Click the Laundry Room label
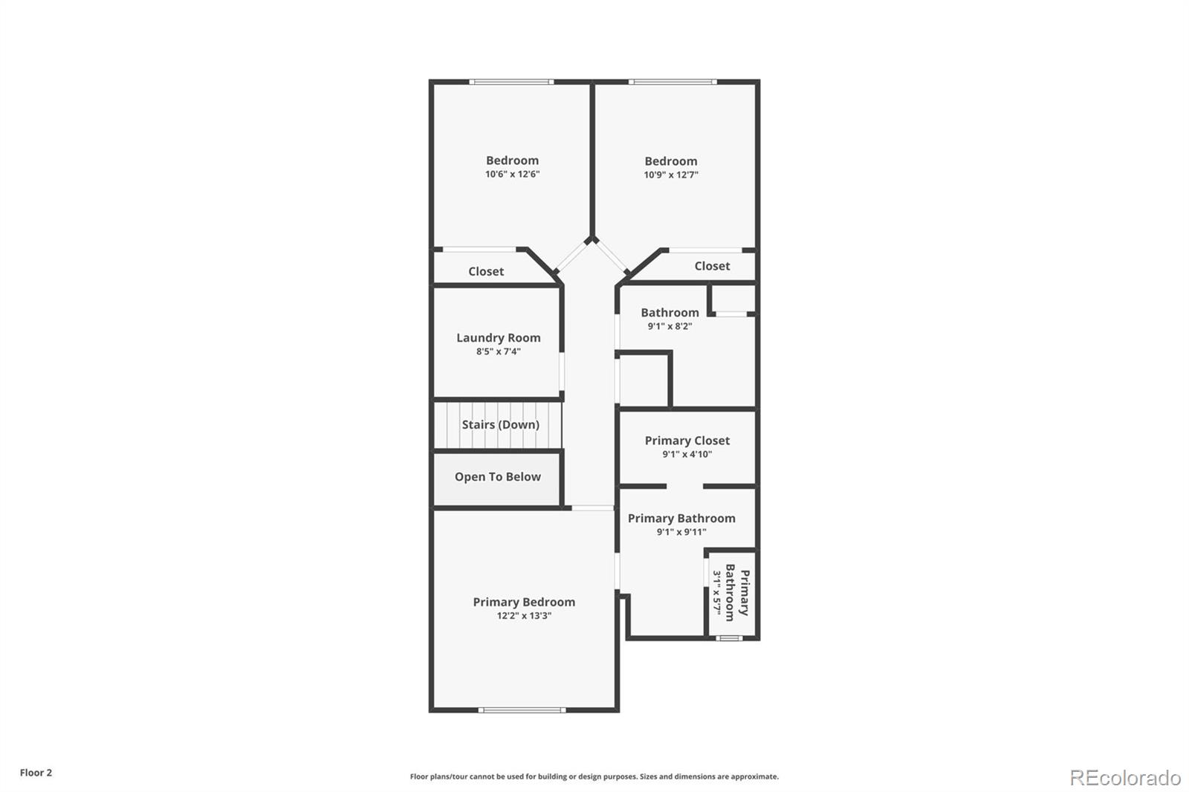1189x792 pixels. (498, 338)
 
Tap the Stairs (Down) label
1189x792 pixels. (500, 425)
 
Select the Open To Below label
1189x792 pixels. (497, 477)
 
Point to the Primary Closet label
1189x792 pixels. (687, 441)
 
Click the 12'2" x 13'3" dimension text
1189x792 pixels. (524, 616)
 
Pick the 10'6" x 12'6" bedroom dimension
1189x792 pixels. (512, 175)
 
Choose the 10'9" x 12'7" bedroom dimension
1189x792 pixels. (670, 175)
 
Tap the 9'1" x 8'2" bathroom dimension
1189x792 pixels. (670, 326)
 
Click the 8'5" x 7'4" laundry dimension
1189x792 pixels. (498, 351)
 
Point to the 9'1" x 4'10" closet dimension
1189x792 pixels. (687, 454)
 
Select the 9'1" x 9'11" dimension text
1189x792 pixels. (681, 532)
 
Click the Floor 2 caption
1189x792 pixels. (36, 773)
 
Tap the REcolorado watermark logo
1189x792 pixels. (1125, 778)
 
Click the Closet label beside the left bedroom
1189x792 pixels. (486, 272)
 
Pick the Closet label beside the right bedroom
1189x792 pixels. (712, 266)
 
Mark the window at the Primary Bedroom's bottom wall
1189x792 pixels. (522, 710)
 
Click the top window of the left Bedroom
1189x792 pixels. (511, 82)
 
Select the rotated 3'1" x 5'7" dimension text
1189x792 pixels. (718, 591)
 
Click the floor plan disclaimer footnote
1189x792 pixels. (594, 776)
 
